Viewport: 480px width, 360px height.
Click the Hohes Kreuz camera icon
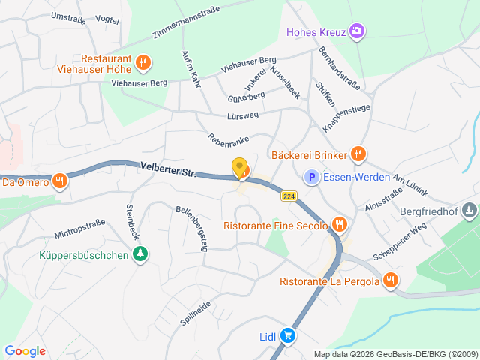[358, 31]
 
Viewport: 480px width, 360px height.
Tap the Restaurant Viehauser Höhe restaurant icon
[144, 61]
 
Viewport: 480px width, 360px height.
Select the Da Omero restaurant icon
[60, 181]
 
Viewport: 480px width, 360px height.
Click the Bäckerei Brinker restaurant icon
[358, 154]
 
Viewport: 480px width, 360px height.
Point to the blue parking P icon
[310, 178]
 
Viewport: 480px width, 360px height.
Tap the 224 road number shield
[289, 196]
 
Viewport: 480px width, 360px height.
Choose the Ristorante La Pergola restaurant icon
[389, 281]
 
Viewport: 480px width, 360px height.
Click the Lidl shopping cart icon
[287, 337]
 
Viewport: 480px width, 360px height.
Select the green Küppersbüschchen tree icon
[140, 255]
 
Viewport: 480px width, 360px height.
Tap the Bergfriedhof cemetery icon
[469, 211]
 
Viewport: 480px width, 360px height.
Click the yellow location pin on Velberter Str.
[240, 169]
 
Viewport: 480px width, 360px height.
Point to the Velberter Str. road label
[167, 170]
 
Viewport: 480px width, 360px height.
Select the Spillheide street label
[194, 312]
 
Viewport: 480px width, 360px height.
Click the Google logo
[25, 350]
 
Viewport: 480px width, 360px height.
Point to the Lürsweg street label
[241, 116]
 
